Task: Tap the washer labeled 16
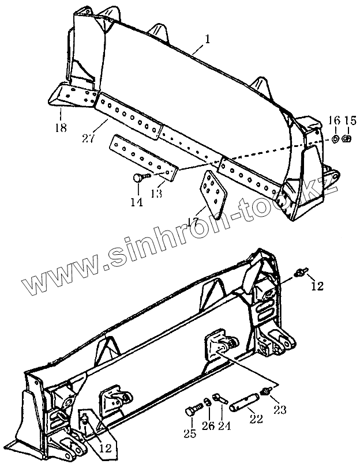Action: coord(335,138)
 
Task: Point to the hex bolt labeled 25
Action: coord(192,411)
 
